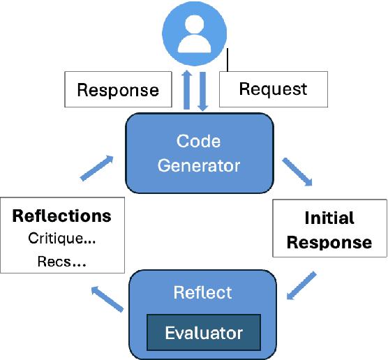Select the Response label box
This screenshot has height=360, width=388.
117,89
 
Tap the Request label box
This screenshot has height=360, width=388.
273,89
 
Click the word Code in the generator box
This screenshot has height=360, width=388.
198,141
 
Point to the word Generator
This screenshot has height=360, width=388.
198,165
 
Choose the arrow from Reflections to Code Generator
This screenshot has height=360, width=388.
97,167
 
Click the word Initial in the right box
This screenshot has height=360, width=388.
329,218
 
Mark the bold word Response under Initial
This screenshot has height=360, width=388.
329,242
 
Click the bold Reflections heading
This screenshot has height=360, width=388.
62,215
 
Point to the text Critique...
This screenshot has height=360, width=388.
62,239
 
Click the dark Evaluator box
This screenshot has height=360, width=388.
203,332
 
